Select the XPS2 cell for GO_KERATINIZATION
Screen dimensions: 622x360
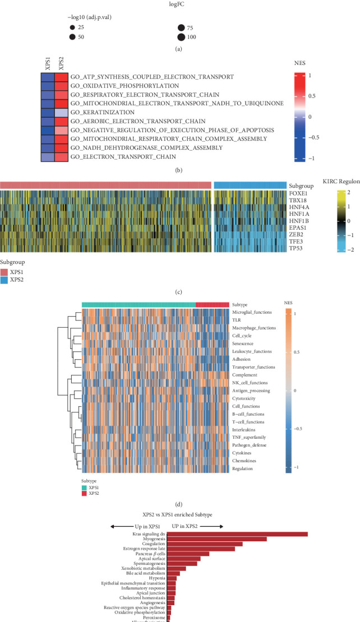[62, 112]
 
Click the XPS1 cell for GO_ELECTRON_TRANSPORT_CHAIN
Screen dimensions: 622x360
[48, 157]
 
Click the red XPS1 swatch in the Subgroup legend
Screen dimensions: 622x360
[8, 271]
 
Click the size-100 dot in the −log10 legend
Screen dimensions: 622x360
[182, 38]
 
